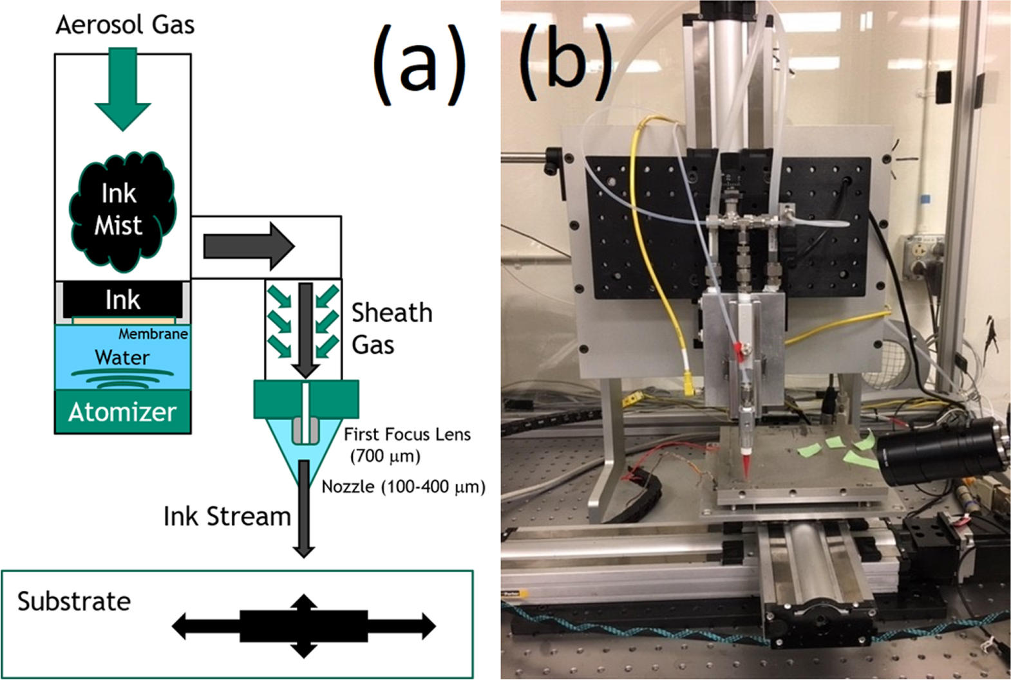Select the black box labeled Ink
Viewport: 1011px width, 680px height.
(x=122, y=300)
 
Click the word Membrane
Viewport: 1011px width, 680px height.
(x=153, y=334)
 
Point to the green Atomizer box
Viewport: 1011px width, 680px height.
(x=122, y=412)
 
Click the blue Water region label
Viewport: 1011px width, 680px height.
(x=122, y=358)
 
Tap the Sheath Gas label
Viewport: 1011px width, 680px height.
(x=392, y=328)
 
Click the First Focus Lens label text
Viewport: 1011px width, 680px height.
(x=407, y=435)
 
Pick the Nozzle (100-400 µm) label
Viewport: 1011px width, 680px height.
(x=403, y=487)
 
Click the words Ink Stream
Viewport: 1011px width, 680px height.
(x=227, y=517)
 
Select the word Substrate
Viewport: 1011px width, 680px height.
(x=74, y=602)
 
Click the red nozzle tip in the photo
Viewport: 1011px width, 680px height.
(x=746, y=466)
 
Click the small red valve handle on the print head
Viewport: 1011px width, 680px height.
(x=738, y=351)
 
